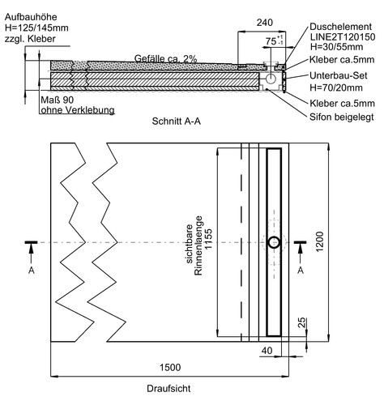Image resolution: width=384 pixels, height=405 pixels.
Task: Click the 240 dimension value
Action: [x=264, y=23]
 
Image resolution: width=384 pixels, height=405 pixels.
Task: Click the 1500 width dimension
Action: [x=170, y=367]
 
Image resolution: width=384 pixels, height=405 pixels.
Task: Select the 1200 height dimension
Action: [x=319, y=241]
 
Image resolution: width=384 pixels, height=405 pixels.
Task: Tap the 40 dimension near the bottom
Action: [x=267, y=351]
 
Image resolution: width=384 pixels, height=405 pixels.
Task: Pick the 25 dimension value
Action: [x=302, y=322]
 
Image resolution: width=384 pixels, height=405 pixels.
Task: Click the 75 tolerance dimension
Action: [x=274, y=40]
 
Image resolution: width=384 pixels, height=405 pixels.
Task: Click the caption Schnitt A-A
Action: [x=177, y=121]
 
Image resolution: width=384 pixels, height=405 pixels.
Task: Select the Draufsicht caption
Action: [x=169, y=389]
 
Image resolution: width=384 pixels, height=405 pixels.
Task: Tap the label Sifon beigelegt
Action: [x=342, y=117]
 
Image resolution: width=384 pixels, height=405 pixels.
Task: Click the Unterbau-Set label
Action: [x=339, y=75]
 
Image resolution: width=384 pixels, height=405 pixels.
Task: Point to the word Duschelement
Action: [x=341, y=27]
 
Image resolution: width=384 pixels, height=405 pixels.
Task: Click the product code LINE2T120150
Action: [x=343, y=36]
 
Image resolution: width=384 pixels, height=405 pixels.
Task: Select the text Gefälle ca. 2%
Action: [x=165, y=58]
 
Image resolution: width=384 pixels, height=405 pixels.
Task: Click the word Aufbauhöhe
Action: [x=31, y=17]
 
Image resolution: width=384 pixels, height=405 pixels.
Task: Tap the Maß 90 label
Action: [x=58, y=100]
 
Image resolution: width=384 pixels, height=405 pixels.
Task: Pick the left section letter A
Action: [x=32, y=270]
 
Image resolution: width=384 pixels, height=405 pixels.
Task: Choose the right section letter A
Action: [x=301, y=270]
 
